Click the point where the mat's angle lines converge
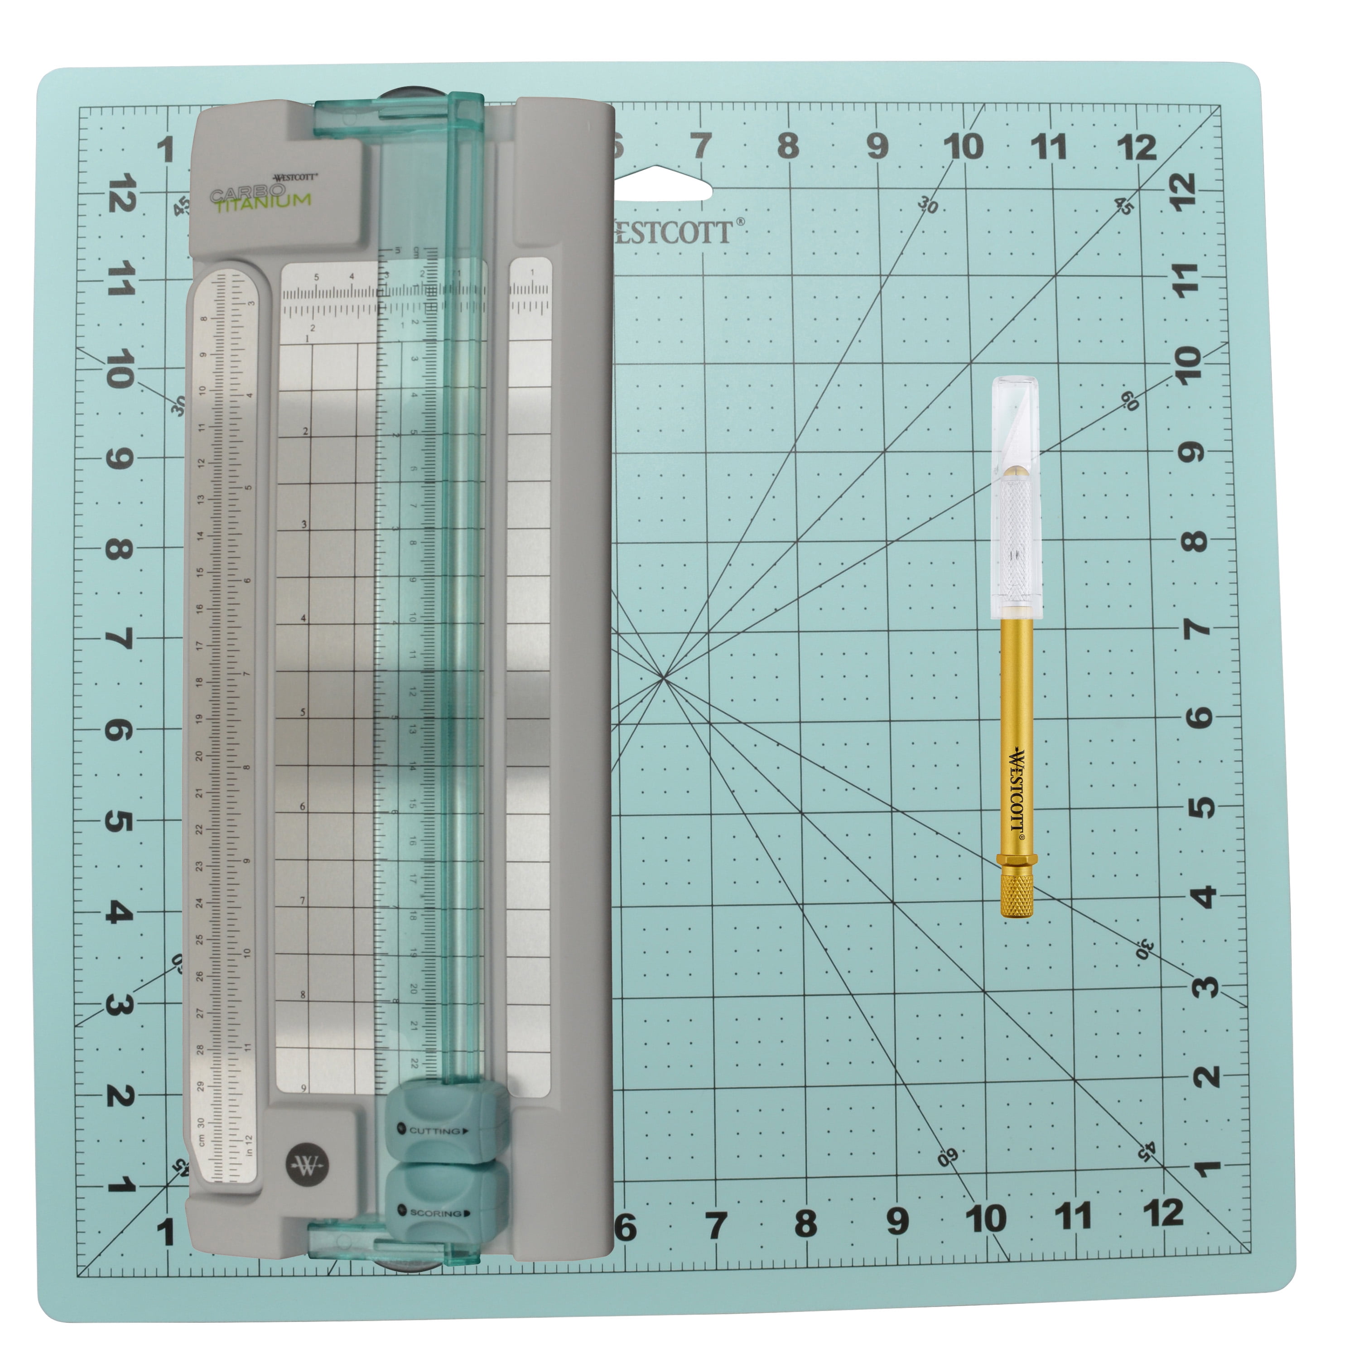coord(663,678)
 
